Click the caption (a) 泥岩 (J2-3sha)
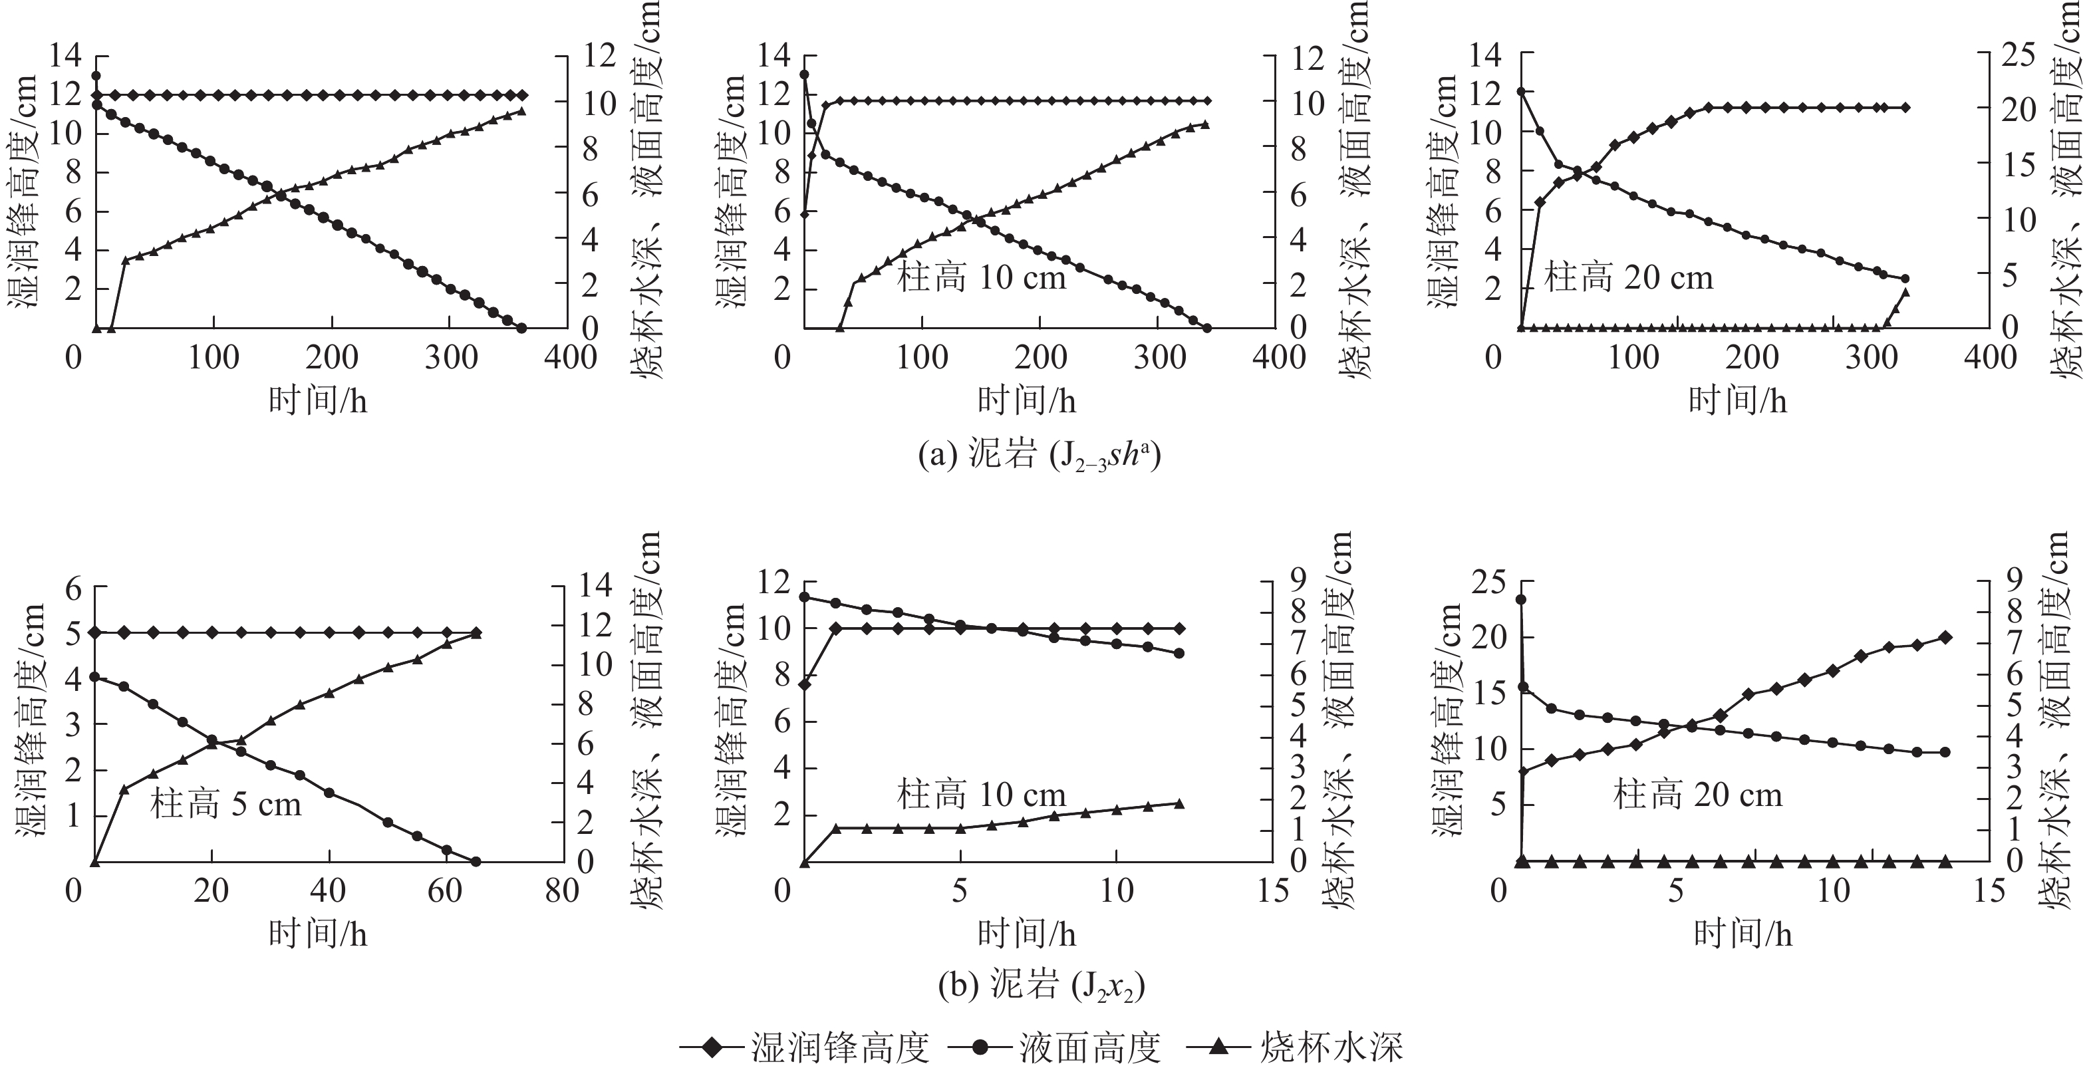coord(1039,456)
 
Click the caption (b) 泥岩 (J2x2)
coord(1040,987)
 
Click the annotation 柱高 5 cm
coord(225,804)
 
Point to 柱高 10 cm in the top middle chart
coord(981,278)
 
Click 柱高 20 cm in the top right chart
coord(1629,278)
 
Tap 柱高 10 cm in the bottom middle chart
coord(981,795)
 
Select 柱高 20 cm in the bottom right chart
coord(1697,795)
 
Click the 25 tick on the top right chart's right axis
coord(2018,55)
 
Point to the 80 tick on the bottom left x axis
coord(562,891)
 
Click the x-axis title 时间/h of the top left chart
coord(317,401)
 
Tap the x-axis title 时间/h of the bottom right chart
coord(1743,934)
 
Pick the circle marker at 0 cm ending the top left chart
coord(521,328)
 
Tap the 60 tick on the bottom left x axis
coord(445,891)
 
